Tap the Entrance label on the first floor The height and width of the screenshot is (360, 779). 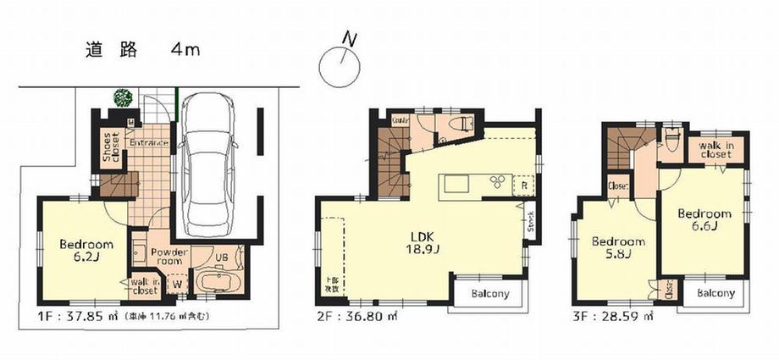pos(149,142)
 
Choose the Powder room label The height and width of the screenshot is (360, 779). pos(169,257)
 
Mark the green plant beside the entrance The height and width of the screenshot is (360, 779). pos(124,98)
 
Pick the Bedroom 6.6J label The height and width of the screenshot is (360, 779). pos(704,219)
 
